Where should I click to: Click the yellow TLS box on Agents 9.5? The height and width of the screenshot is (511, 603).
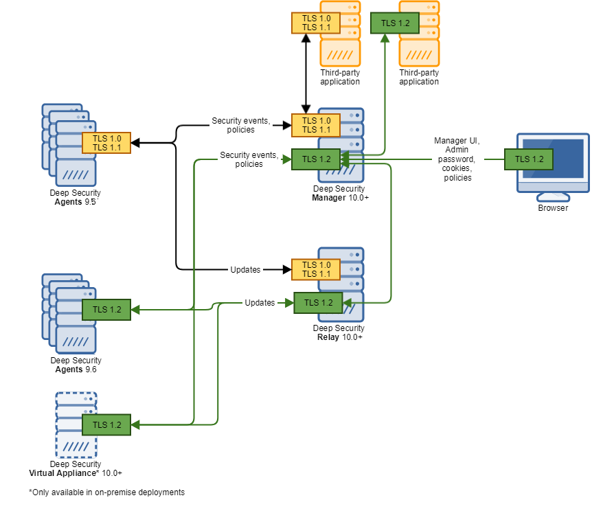click(106, 143)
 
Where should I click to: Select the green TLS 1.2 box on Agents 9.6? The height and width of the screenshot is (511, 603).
click(106, 310)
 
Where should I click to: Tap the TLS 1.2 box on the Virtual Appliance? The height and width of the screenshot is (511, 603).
click(106, 424)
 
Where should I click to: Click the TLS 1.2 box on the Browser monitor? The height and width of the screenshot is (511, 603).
click(529, 159)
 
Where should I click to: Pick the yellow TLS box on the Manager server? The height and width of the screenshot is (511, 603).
click(316, 125)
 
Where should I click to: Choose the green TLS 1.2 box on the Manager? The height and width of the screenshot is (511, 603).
click(316, 159)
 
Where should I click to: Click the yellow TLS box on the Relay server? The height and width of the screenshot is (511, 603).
click(316, 269)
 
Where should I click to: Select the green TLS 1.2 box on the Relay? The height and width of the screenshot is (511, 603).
click(318, 303)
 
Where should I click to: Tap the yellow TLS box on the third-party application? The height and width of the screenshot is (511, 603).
click(315, 23)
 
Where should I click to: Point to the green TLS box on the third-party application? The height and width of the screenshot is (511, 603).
click(395, 23)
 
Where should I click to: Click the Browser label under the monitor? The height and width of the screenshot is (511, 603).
click(553, 207)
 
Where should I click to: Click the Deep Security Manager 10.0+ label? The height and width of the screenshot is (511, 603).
click(339, 193)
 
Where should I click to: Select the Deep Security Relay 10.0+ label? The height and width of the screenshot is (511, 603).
click(339, 332)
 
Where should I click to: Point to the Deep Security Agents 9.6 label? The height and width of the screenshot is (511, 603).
click(76, 365)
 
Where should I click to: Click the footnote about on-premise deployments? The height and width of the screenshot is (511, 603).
click(106, 492)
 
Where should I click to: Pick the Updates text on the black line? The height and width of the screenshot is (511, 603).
click(245, 270)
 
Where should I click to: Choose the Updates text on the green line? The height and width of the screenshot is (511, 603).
click(260, 303)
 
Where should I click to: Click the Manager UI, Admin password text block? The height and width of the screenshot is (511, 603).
click(457, 159)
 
